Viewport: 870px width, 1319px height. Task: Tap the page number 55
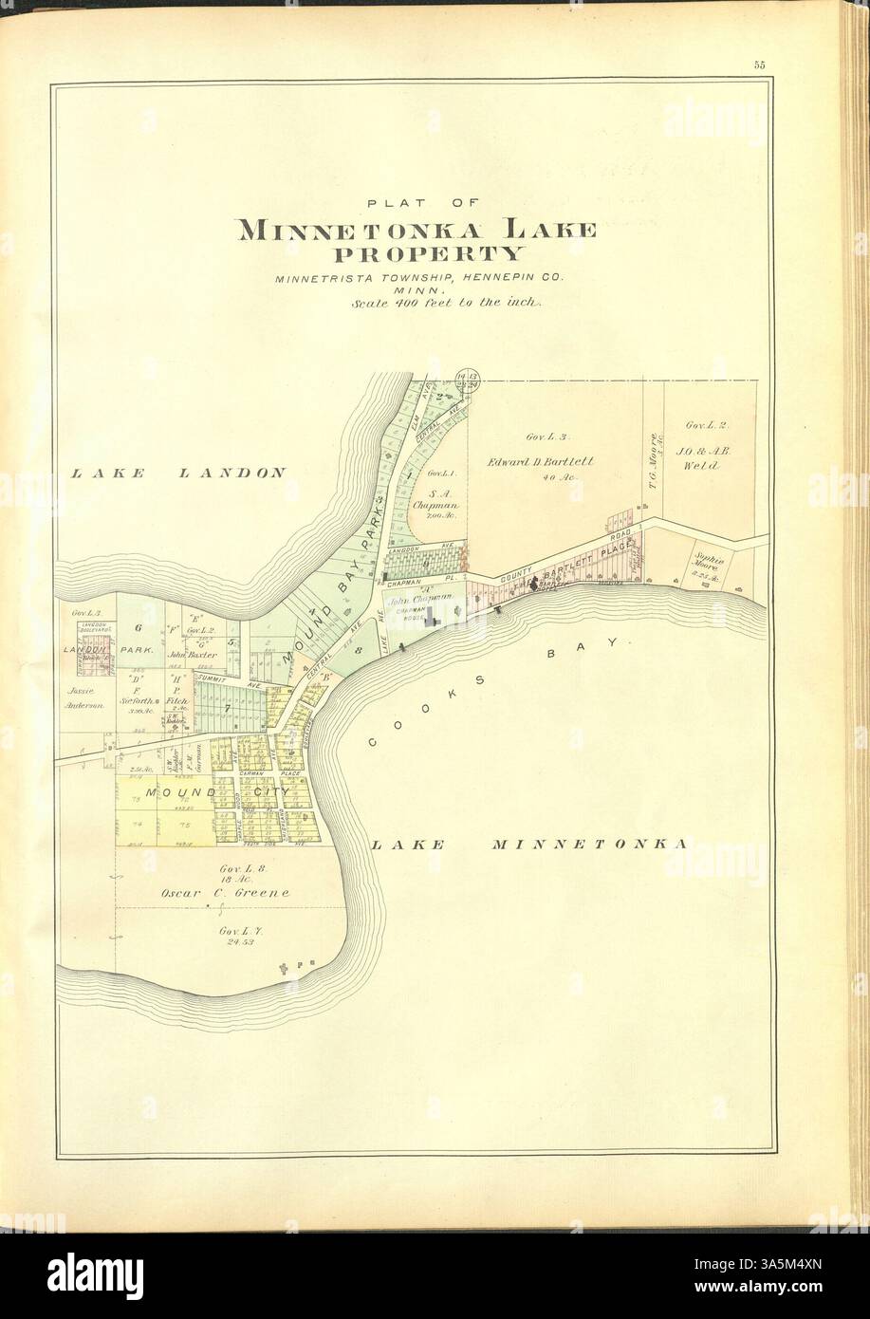pyautogui.click(x=760, y=65)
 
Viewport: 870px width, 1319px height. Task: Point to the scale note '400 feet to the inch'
pyautogui.click(x=444, y=304)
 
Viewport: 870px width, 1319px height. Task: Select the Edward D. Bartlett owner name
pyautogui.click(x=541, y=462)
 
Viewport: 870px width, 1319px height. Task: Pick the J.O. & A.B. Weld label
pyautogui.click(x=705, y=459)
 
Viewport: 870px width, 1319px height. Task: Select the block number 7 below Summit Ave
pyautogui.click(x=227, y=709)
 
